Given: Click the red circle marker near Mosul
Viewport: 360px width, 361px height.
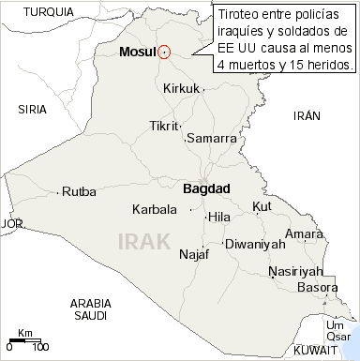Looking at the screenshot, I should (x=164, y=53).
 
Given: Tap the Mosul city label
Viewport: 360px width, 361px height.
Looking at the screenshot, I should (x=137, y=53).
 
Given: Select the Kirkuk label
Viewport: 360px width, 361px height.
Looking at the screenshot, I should (x=182, y=88).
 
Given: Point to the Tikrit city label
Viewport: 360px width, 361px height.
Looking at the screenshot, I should (x=164, y=126).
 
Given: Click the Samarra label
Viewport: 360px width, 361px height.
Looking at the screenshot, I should (x=211, y=138).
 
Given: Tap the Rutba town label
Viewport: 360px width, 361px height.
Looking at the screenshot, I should (x=79, y=192).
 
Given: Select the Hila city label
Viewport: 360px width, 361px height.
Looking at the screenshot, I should (x=218, y=217).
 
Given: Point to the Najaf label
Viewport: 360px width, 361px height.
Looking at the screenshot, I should (x=193, y=254).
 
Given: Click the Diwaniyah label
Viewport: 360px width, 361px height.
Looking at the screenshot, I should (x=255, y=244).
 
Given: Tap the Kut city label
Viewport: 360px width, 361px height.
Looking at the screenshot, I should (x=262, y=206).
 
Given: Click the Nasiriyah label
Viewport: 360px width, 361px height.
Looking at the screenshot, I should (x=294, y=271).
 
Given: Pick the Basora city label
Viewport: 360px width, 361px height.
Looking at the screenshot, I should (x=317, y=288).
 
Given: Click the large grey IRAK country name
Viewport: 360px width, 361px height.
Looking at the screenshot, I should (x=144, y=241).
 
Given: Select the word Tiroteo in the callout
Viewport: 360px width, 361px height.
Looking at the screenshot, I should (x=241, y=16).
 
